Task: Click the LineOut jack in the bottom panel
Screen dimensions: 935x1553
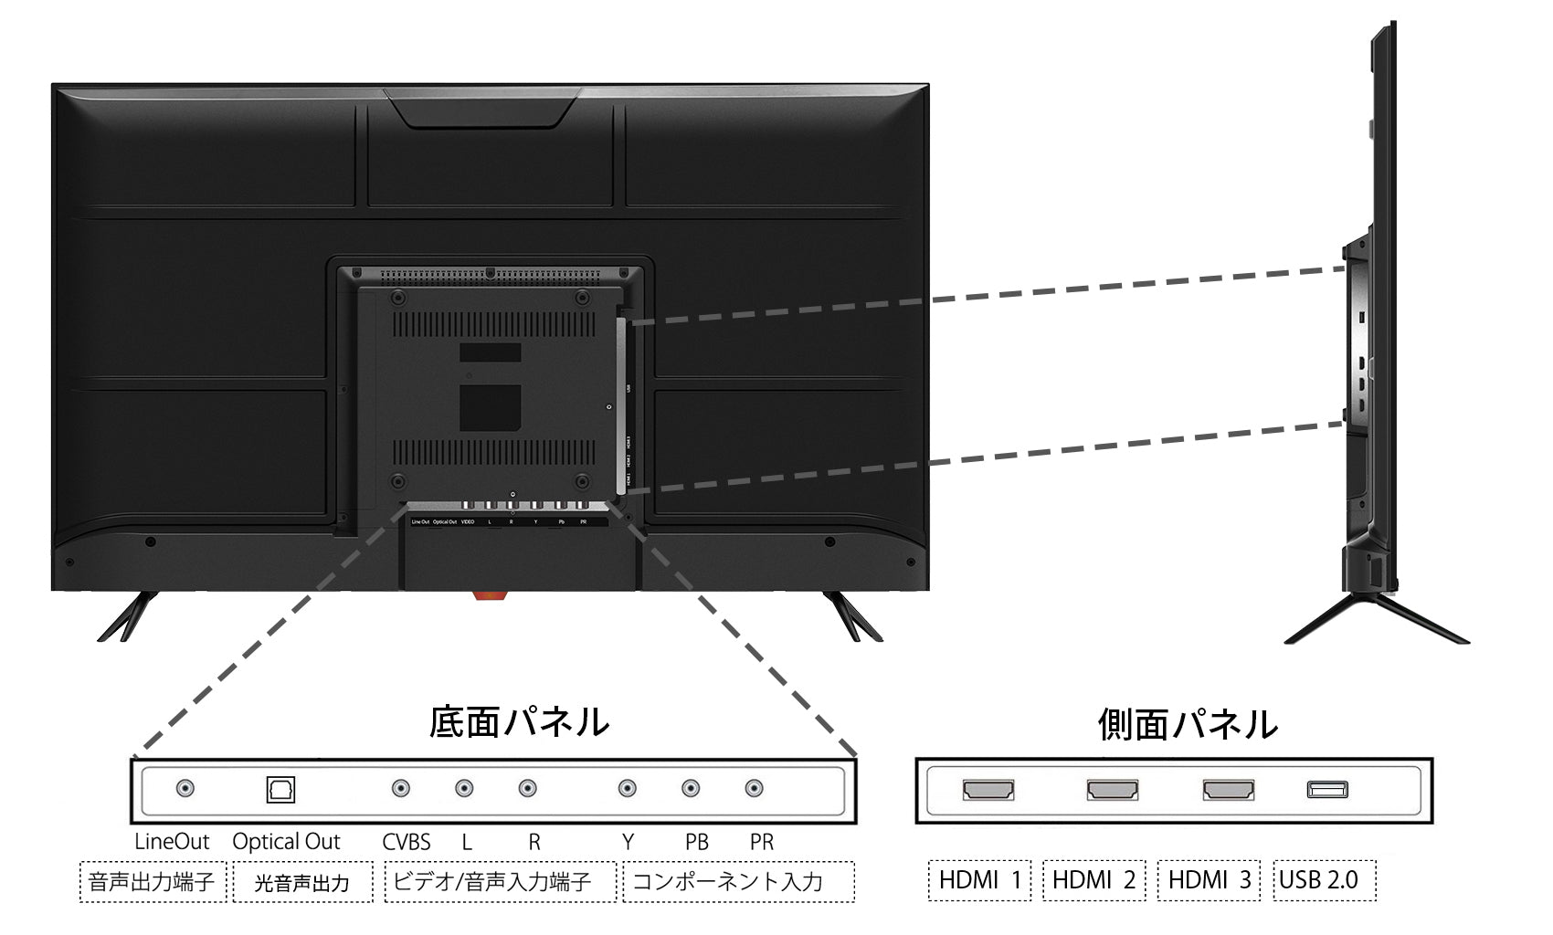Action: (x=185, y=788)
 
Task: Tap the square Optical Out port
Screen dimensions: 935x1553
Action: (x=280, y=789)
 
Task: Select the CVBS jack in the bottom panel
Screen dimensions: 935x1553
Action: (x=400, y=788)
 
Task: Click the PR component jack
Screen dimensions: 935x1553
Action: (x=754, y=788)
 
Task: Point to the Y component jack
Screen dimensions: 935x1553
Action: (x=627, y=788)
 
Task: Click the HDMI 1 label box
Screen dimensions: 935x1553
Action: (x=979, y=880)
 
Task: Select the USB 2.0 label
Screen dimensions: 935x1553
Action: (x=1325, y=880)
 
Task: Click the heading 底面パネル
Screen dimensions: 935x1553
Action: (x=519, y=721)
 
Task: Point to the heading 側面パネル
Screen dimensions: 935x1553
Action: (x=1187, y=724)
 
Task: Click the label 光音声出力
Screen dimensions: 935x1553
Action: (x=301, y=882)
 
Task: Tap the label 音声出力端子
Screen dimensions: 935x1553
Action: (x=152, y=881)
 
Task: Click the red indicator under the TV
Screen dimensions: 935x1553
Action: (x=489, y=595)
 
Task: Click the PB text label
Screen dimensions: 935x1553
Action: (x=696, y=842)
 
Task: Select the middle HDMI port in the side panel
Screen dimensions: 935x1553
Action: (x=1112, y=790)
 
